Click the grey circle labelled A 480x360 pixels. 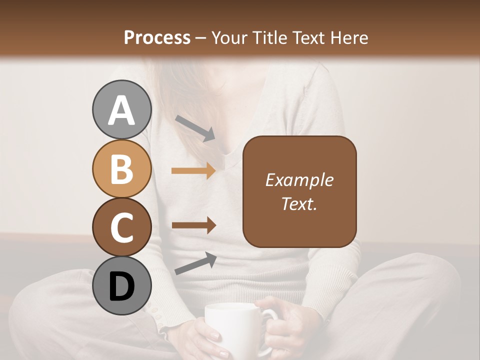point(121,110)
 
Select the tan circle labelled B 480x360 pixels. point(121,169)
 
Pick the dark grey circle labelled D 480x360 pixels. point(121,286)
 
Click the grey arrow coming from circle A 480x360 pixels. point(195,128)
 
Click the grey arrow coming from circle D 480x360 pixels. point(195,263)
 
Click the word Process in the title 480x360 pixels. point(157,37)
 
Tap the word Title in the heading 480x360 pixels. point(270,37)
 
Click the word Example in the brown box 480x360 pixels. point(299,180)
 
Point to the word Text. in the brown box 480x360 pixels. point(299,203)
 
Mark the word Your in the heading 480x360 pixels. point(230,37)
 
